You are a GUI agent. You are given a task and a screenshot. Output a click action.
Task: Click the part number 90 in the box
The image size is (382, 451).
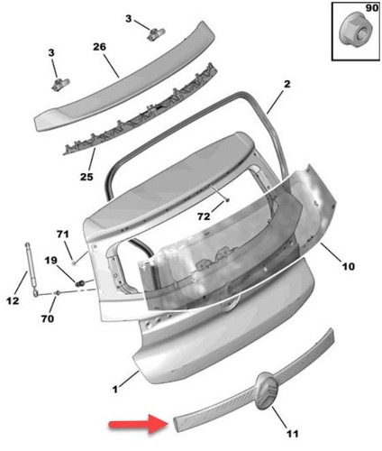click(371, 8)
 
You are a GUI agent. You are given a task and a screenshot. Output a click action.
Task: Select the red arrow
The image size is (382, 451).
click(139, 424)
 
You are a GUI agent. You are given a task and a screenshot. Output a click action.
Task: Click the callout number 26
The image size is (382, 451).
click(99, 47)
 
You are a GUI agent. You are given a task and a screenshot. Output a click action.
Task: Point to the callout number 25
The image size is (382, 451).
click(86, 177)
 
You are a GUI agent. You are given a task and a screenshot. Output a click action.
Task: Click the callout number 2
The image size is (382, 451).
click(287, 84)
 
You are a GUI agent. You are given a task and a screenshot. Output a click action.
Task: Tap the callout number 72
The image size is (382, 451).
click(204, 216)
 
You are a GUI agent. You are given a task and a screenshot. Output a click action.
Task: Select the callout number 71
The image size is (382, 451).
click(63, 234)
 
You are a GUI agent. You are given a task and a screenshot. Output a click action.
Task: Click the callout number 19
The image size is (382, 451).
click(50, 260)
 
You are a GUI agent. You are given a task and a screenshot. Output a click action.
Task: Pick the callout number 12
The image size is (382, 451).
click(13, 300)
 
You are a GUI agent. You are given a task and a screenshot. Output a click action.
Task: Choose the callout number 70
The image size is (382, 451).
click(48, 318)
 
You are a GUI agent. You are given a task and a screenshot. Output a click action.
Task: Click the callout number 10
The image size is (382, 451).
click(349, 266)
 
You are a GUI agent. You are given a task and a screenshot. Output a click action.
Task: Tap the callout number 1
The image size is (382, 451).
click(115, 390)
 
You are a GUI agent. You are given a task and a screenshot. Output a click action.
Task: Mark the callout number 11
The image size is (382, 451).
click(292, 434)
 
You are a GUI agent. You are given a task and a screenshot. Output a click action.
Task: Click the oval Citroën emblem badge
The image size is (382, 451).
click(268, 391)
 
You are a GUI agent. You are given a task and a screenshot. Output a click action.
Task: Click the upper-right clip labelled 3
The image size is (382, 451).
click(156, 33)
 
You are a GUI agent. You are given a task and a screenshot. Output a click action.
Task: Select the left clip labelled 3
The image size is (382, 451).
click(60, 85)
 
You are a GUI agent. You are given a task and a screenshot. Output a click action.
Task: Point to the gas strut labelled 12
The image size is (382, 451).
click(31, 269)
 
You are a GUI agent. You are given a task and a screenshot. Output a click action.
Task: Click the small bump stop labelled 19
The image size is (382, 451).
click(80, 283)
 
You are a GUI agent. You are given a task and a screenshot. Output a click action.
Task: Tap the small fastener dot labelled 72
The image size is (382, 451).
click(228, 200)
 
